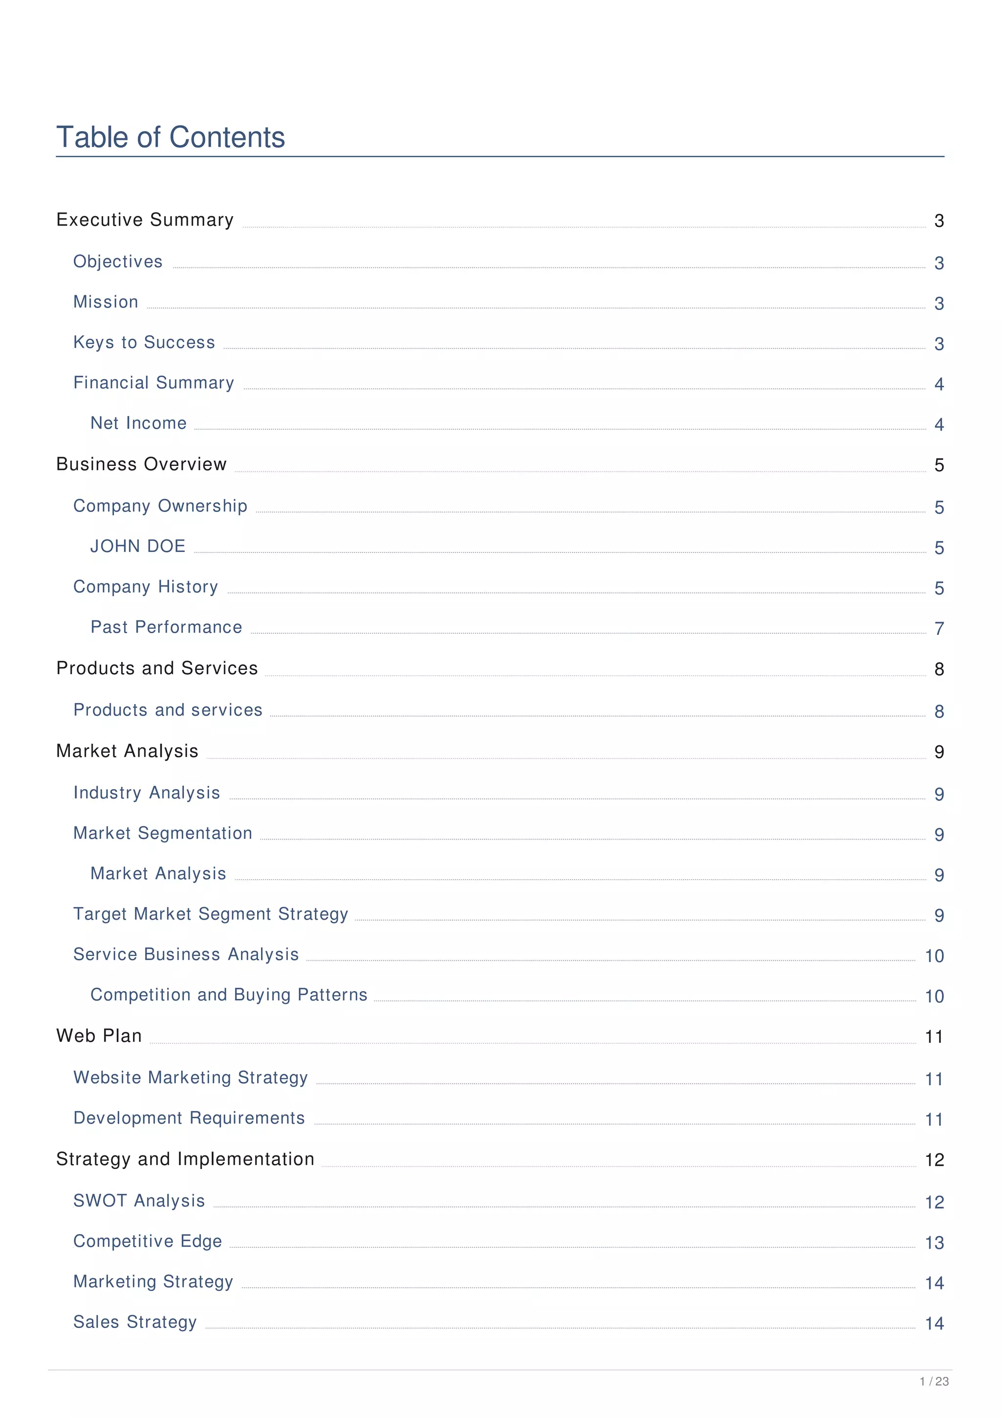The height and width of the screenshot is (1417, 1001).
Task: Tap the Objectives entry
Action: point(118,262)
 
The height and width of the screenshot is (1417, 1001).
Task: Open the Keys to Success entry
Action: point(144,343)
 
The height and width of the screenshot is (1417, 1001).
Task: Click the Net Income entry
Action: point(138,423)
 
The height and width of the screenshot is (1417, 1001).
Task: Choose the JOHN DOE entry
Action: point(137,546)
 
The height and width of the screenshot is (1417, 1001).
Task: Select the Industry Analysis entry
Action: point(146,793)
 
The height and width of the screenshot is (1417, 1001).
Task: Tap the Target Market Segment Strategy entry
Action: point(210,914)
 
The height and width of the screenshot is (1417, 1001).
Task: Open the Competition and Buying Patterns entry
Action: point(229,995)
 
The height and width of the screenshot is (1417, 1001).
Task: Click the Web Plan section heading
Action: point(99,1036)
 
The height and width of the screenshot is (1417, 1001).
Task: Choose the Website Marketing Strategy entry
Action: point(190,1078)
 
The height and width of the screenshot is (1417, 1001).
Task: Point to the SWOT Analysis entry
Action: point(139,1200)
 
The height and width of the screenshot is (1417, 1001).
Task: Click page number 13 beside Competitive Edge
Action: point(934,1243)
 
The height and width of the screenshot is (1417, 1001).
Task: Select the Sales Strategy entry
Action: point(134,1322)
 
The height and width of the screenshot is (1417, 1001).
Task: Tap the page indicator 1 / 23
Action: point(934,1382)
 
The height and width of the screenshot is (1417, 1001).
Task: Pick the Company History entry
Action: point(146,587)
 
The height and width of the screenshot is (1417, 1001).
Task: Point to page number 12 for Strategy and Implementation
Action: point(934,1160)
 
